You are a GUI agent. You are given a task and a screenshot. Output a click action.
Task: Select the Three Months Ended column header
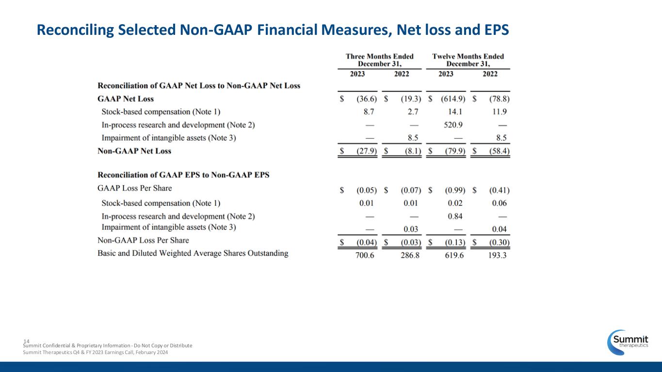(379, 60)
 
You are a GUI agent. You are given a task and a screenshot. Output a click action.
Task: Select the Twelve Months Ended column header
(468, 60)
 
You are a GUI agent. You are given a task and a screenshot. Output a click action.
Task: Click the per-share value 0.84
(455, 216)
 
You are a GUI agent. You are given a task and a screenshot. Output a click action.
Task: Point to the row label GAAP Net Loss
(126, 99)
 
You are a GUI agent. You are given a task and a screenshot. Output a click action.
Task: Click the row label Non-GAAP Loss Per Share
(143, 240)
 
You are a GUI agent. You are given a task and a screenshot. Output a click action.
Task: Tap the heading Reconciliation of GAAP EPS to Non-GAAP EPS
(183, 174)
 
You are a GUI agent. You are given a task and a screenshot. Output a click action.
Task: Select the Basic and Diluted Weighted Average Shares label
(193, 253)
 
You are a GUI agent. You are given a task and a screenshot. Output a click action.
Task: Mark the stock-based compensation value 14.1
(455, 112)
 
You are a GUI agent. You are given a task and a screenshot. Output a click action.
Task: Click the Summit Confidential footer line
(108, 345)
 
